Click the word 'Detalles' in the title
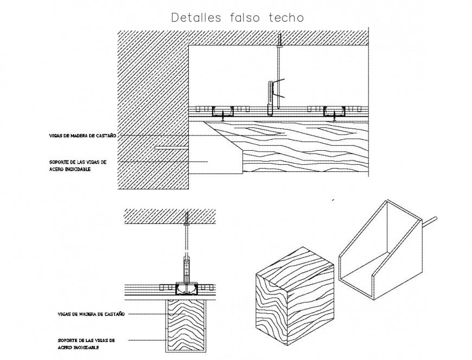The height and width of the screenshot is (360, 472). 196,17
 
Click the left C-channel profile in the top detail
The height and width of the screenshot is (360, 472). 223,113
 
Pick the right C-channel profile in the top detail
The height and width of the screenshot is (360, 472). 335,113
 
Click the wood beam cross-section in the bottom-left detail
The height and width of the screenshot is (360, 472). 185,325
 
